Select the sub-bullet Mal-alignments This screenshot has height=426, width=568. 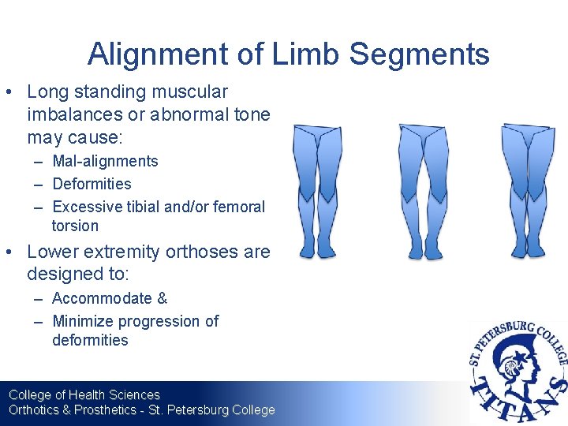105,161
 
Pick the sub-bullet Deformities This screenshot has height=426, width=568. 92,184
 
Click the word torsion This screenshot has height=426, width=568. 76,226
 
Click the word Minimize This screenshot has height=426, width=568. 82,321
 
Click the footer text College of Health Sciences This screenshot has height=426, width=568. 84,394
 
